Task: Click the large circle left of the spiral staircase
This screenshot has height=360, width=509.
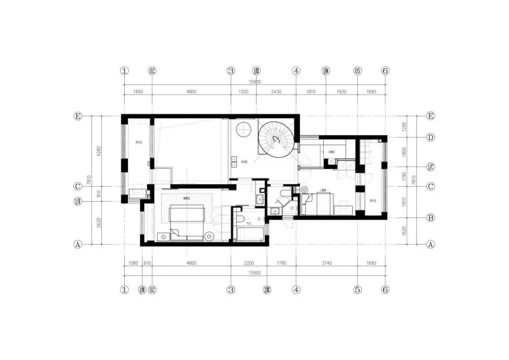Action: click(x=245, y=130)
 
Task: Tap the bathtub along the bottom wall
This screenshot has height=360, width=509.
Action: click(x=250, y=234)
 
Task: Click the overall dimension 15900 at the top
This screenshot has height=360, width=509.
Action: click(x=254, y=81)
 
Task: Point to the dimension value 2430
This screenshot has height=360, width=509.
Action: click(x=275, y=92)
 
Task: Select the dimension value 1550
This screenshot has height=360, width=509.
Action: click(x=243, y=92)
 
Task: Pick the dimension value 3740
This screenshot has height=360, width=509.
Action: click(x=326, y=263)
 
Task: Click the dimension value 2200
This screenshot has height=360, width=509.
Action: click(x=248, y=263)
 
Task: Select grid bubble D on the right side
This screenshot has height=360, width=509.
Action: click(x=431, y=137)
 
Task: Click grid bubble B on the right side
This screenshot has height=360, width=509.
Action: click(x=431, y=218)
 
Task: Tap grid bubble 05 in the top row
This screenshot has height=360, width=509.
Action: click(x=357, y=71)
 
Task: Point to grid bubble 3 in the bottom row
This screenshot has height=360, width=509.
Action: click(x=231, y=290)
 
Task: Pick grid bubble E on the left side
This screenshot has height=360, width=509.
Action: click(x=78, y=117)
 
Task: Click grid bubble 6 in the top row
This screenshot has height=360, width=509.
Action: click(x=385, y=71)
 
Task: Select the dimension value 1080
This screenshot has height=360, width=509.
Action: click(x=133, y=263)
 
